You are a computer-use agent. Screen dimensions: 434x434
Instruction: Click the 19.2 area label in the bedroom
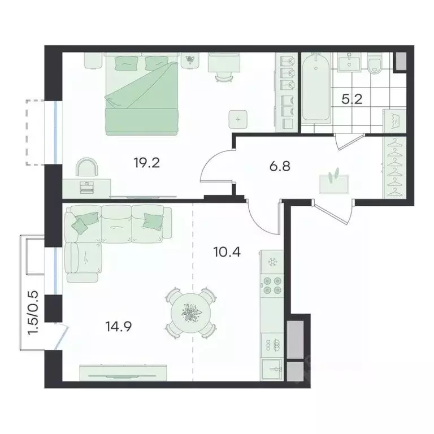pos(147,163)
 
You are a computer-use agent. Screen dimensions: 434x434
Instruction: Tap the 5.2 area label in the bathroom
pos(352,99)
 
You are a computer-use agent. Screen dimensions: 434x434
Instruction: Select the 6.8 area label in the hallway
pos(280,167)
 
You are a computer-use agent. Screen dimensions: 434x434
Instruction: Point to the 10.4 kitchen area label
pos(227,252)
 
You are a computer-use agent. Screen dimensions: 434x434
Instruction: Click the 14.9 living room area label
pos(119,327)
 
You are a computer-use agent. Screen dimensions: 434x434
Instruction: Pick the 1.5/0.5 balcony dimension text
pos(33,313)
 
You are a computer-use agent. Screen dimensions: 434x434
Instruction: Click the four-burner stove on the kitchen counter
pos(272,285)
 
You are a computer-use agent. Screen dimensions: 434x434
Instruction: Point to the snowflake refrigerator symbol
pos(271,262)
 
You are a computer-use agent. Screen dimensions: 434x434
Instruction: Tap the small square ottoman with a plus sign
pos(238,119)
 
